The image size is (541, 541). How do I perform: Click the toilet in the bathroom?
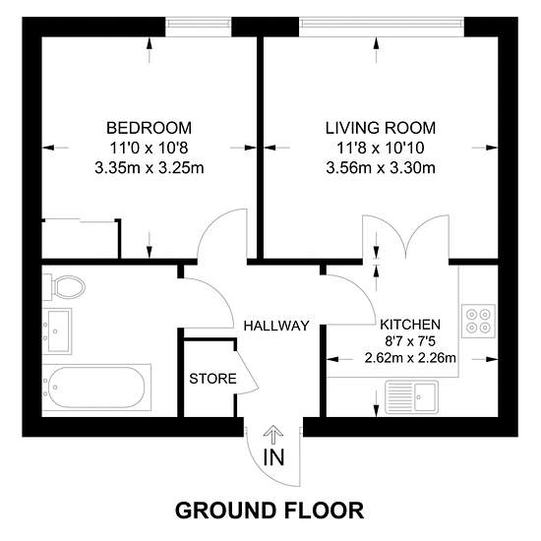point(65,287)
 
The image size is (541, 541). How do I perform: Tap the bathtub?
point(96,388)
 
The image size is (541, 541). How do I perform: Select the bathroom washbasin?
point(57,331)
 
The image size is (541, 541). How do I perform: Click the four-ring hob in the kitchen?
point(478,321)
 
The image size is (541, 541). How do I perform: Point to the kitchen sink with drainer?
point(411,396)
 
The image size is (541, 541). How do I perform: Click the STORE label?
point(212,379)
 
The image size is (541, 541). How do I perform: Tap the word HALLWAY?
point(276,326)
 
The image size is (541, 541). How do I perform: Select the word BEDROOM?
point(150,128)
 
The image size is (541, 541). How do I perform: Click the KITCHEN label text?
point(410,325)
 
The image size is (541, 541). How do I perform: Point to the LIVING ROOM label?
point(381,128)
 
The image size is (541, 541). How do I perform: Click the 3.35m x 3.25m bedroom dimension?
point(150,168)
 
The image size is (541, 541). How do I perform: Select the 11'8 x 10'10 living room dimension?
point(381,149)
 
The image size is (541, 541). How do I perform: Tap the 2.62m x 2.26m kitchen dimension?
point(410,358)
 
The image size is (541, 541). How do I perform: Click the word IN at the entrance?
point(274,457)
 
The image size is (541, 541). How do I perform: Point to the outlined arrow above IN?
point(273,435)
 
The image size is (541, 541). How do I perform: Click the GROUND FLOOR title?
point(270,511)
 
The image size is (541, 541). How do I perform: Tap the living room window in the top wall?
point(382,24)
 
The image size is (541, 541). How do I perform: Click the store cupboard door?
point(247,372)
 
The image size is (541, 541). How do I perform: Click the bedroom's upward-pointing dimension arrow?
point(150,50)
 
